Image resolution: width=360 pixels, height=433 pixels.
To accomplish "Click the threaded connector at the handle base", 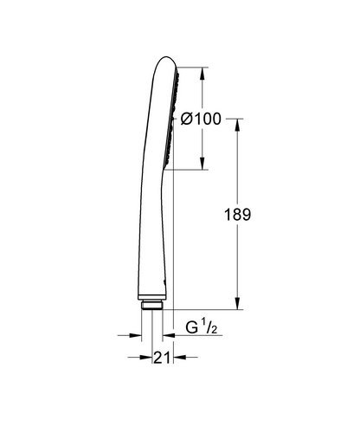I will (x=151, y=303).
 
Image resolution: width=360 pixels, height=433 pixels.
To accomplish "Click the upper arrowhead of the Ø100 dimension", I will (x=202, y=68).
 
